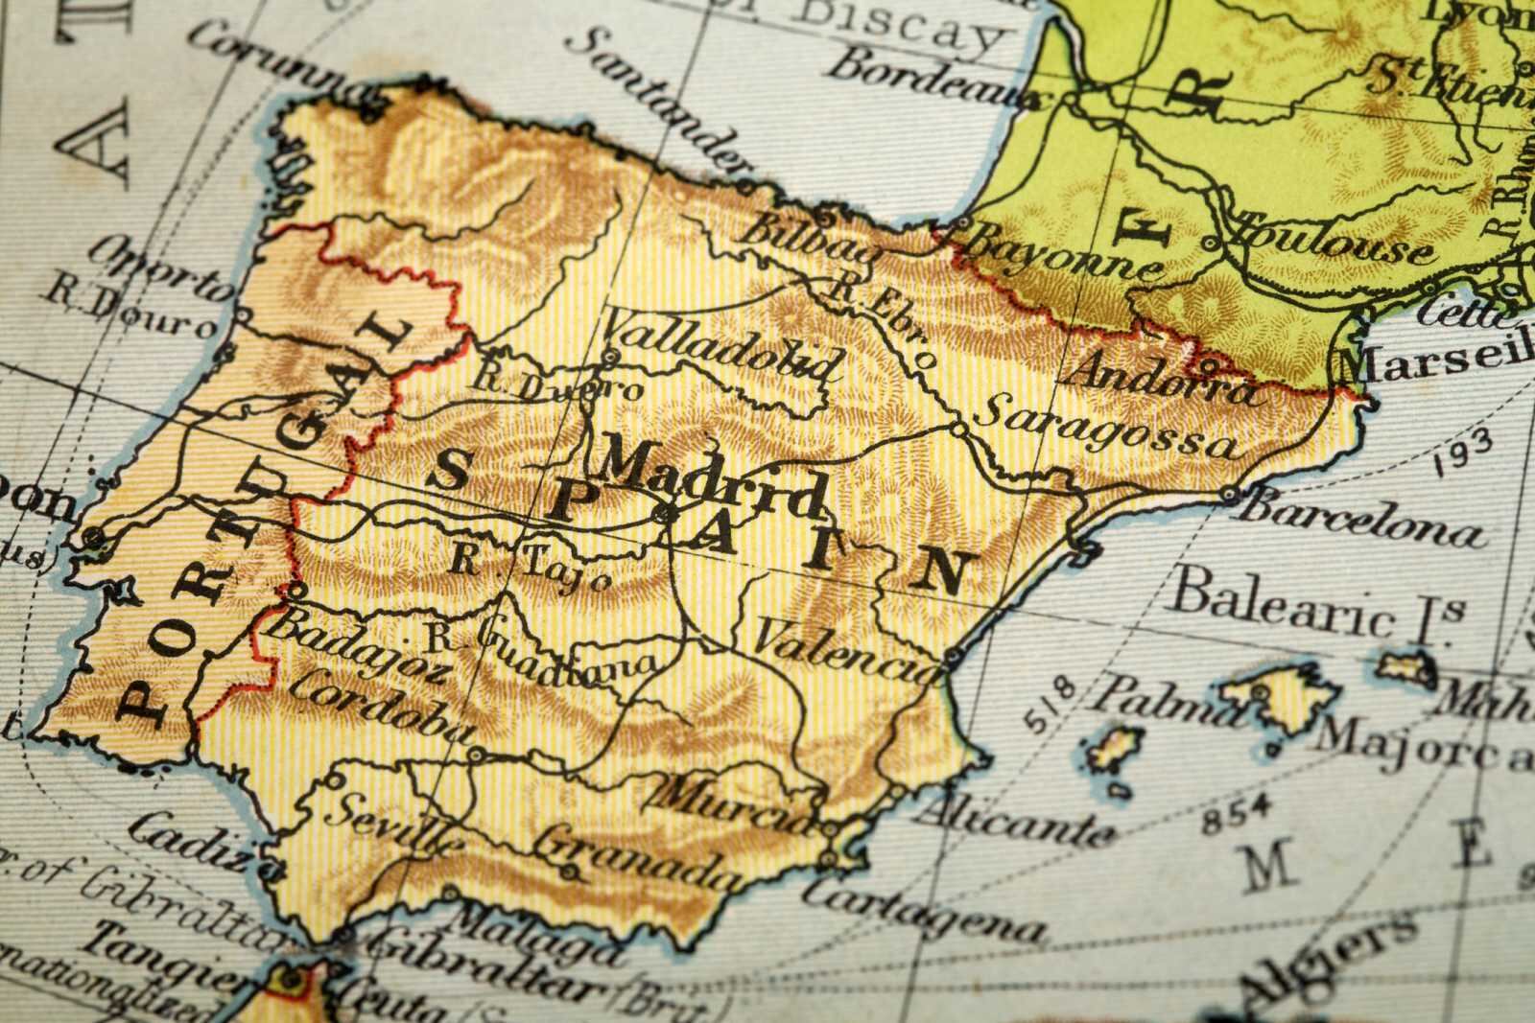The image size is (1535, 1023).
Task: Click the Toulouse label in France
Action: (1334, 241)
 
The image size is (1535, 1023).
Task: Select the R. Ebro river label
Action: (883, 316)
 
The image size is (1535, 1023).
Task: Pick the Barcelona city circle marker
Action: (1230, 495)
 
